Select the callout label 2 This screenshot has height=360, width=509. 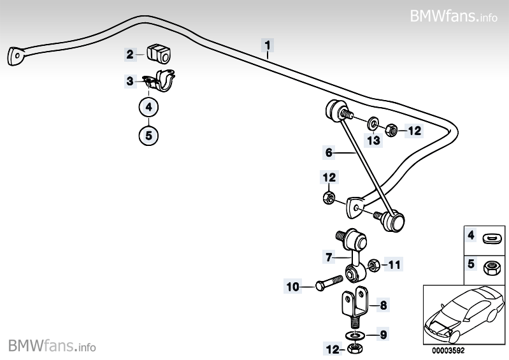point(130,55)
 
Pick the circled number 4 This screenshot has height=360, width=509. point(148,107)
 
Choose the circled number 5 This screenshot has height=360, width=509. point(148,134)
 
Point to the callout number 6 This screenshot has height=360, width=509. point(329,152)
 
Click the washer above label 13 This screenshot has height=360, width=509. point(373,122)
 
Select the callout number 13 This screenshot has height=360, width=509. point(373,140)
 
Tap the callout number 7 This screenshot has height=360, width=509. point(329,257)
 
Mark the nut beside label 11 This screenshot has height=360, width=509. point(375,263)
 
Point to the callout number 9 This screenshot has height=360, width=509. point(384,334)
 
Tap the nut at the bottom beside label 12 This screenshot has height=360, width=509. point(355,349)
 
